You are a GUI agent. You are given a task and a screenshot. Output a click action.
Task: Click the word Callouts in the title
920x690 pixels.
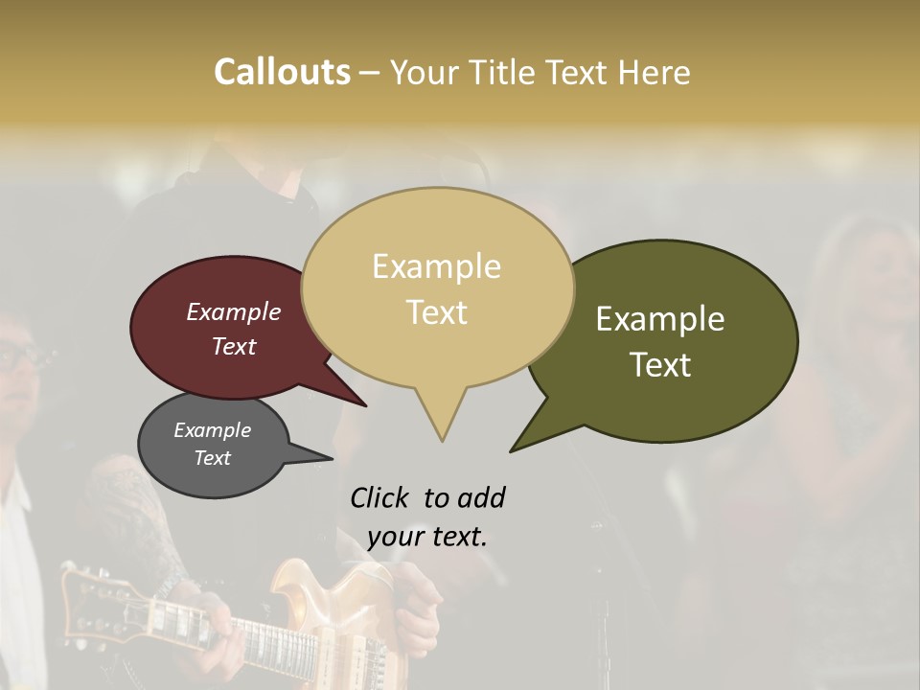coord(282,72)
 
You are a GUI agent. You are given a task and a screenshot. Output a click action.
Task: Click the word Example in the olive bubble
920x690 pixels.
coord(660,319)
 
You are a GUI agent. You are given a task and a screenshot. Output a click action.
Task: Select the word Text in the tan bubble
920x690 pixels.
coord(437,312)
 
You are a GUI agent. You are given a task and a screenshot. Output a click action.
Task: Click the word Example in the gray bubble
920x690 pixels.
coord(212,430)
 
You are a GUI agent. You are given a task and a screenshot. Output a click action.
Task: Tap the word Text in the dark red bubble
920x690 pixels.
coord(234,346)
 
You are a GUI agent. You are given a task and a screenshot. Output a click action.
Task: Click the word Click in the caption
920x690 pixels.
coord(381,497)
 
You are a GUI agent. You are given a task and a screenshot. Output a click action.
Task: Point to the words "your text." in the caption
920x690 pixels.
coord(427,537)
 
